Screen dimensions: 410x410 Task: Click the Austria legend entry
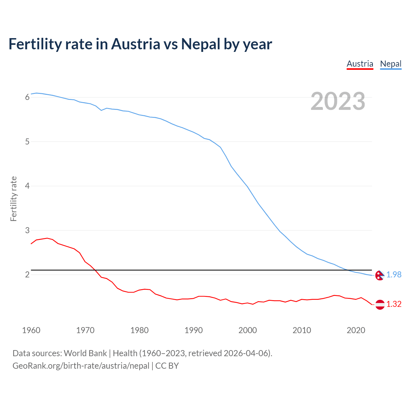(x=360, y=64)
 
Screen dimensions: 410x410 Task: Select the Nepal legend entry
(x=390, y=64)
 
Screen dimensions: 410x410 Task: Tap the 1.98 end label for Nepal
(x=394, y=275)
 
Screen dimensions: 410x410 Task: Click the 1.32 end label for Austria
(x=394, y=304)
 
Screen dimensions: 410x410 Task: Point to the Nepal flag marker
(x=380, y=275)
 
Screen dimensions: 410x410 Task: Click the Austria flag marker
(x=380, y=304)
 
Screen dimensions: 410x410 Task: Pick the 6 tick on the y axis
(x=27, y=97)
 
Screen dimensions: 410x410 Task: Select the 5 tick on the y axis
(x=27, y=142)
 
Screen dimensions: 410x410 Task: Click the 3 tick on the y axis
(x=27, y=230)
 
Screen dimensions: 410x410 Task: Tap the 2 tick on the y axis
(x=27, y=275)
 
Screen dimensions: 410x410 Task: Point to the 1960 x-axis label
(x=31, y=330)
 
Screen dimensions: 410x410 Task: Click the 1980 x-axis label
(x=139, y=330)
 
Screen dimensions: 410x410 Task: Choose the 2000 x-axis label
(x=248, y=330)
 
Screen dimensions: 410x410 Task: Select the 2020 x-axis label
(x=356, y=330)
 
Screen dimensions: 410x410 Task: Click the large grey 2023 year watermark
(x=338, y=101)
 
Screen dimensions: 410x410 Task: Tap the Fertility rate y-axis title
(x=13, y=199)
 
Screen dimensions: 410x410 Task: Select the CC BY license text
(x=167, y=366)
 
